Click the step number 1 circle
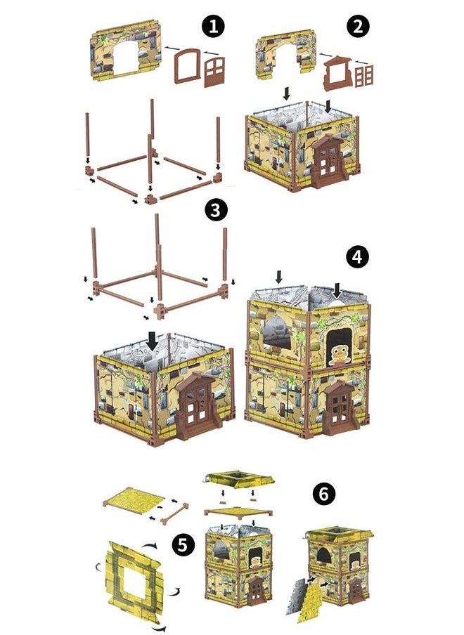[213, 27]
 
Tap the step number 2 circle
[358, 26]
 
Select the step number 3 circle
[216, 211]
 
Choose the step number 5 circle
[183, 545]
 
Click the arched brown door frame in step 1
[187, 66]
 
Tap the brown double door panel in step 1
[214, 72]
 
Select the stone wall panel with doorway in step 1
[126, 50]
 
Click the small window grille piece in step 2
[364, 76]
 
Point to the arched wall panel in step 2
[285, 53]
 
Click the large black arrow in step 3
[152, 341]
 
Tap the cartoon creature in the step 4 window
[340, 355]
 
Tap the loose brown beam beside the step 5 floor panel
[174, 514]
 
